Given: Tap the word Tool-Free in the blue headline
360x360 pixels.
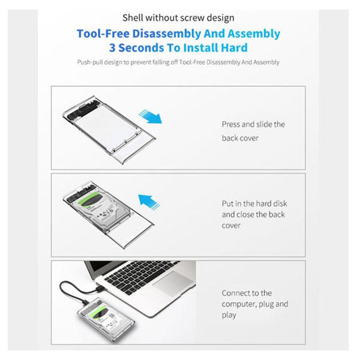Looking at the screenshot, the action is click(103, 34).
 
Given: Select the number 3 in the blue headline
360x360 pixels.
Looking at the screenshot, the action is click(112, 48).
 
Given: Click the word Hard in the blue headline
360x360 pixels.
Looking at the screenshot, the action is click(234, 48).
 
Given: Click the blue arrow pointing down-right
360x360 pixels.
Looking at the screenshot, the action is click(151, 116).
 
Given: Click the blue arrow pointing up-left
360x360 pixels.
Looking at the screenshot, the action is click(149, 202).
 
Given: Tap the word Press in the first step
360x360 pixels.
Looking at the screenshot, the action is click(231, 124).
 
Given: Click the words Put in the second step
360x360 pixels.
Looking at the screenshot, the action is click(227, 203).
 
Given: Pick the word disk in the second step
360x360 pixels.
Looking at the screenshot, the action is click(280, 203).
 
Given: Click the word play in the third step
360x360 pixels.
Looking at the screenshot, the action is click(229, 315).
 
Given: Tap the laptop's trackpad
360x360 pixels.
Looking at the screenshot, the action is click(173, 282).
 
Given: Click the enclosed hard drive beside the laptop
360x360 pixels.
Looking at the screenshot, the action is click(106, 317).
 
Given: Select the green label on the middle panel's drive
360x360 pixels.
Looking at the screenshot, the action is click(90, 199).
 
